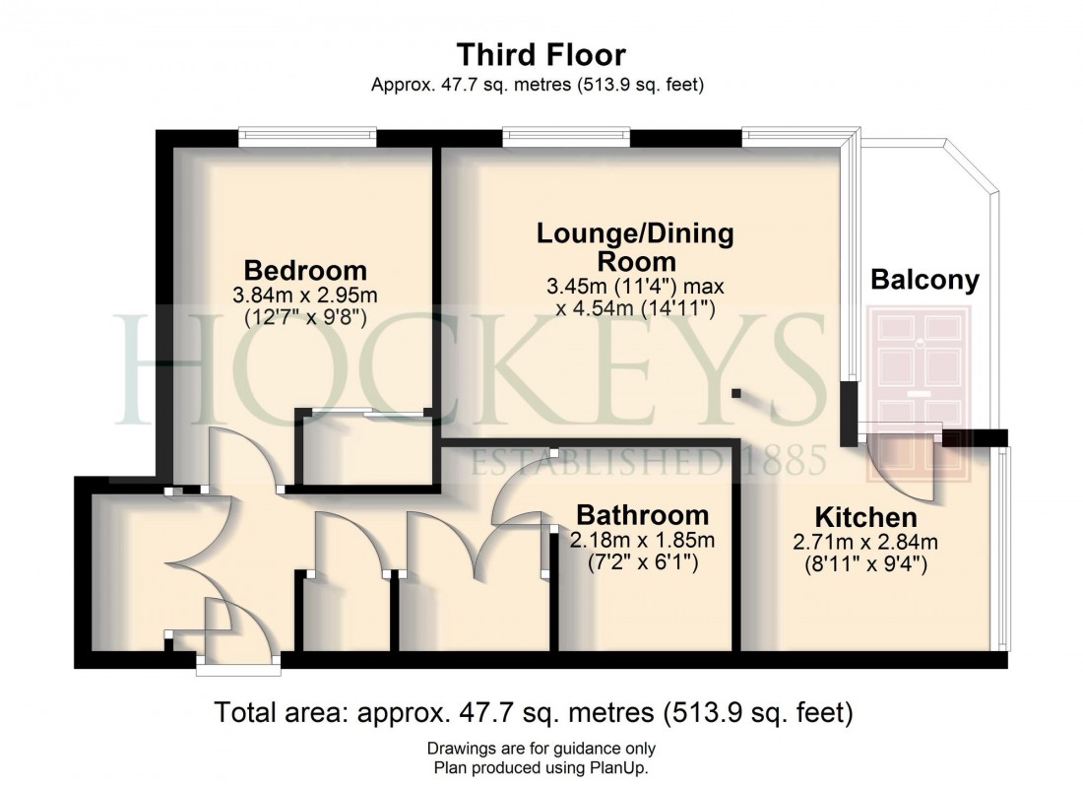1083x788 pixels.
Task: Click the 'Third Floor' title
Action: click(x=541, y=54)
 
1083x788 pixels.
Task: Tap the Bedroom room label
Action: click(x=305, y=270)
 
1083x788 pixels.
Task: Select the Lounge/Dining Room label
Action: click(x=635, y=247)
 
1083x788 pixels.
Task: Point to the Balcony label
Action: click(x=924, y=281)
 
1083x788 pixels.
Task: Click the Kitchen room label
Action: click(x=865, y=517)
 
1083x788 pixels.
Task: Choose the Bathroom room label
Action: click(x=642, y=514)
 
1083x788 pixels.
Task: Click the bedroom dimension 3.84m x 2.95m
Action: click(x=305, y=295)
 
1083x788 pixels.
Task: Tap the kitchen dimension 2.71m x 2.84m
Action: click(x=865, y=541)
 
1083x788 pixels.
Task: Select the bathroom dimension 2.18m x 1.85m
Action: click(x=642, y=539)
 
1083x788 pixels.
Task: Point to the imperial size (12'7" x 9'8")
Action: click(x=305, y=317)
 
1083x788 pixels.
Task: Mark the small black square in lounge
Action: click(x=736, y=394)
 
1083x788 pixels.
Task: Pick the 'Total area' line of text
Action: click(x=534, y=712)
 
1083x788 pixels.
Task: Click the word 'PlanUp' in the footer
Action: click(x=621, y=767)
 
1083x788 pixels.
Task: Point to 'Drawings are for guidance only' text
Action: click(x=541, y=749)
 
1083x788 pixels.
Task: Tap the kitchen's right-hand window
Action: click(x=1002, y=549)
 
